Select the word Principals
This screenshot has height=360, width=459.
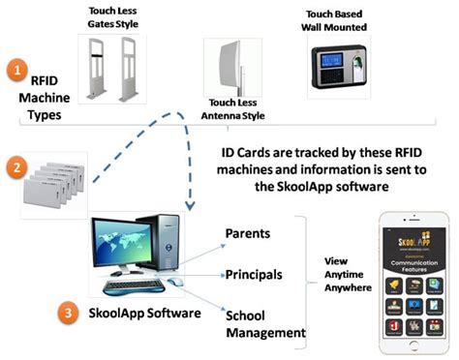pos(254,274)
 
